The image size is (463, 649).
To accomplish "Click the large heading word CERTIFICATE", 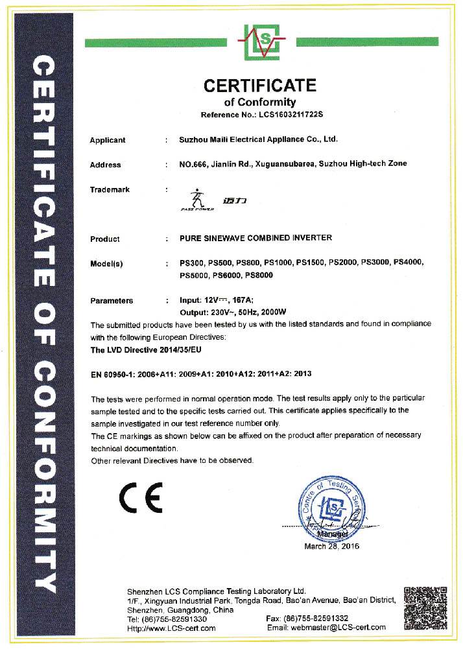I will pos(260,86).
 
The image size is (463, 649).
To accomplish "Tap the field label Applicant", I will pos(108,140).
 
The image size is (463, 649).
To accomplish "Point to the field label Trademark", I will pos(110,190).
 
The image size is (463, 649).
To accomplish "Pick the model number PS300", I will pos(191,263).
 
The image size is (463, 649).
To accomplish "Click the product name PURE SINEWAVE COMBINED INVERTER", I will pos(255,238).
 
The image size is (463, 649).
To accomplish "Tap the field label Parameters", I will pos(112,301).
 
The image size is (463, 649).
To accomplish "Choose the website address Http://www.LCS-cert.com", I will pos(171,628).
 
